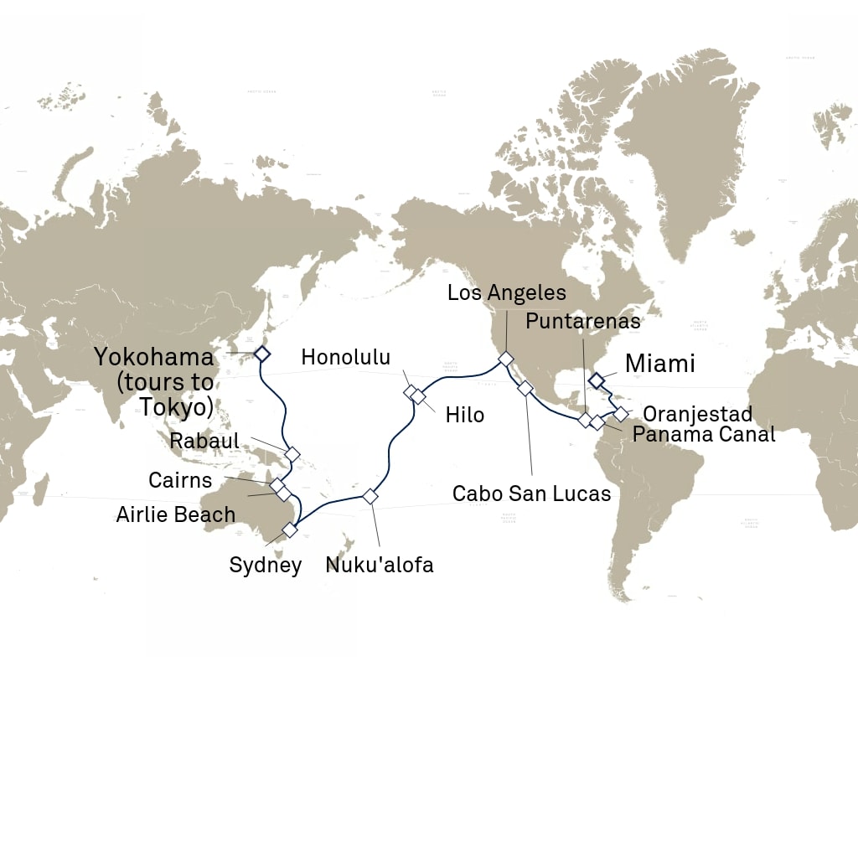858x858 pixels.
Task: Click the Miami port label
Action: (659, 364)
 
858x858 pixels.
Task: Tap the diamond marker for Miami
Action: (596, 381)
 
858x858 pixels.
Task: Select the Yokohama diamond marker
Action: (261, 354)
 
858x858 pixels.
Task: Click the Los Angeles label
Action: (506, 293)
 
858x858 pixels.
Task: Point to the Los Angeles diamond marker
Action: (506, 359)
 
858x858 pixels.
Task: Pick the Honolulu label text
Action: (346, 357)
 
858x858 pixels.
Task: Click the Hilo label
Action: (465, 415)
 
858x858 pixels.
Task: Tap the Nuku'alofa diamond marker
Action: (370, 496)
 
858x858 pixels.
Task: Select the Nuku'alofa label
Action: (380, 565)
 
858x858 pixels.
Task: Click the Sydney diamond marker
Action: (290, 530)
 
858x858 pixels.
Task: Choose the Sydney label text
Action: (266, 565)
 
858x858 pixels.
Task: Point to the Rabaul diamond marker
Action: (292, 453)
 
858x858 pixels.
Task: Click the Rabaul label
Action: (204, 441)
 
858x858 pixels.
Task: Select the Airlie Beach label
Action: (176, 514)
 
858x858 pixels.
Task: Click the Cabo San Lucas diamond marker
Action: (525, 388)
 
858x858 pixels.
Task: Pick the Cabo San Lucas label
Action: (531, 494)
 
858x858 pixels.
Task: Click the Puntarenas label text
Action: (583, 322)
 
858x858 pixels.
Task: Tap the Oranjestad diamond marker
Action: (621, 413)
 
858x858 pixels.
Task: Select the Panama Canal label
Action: (703, 434)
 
